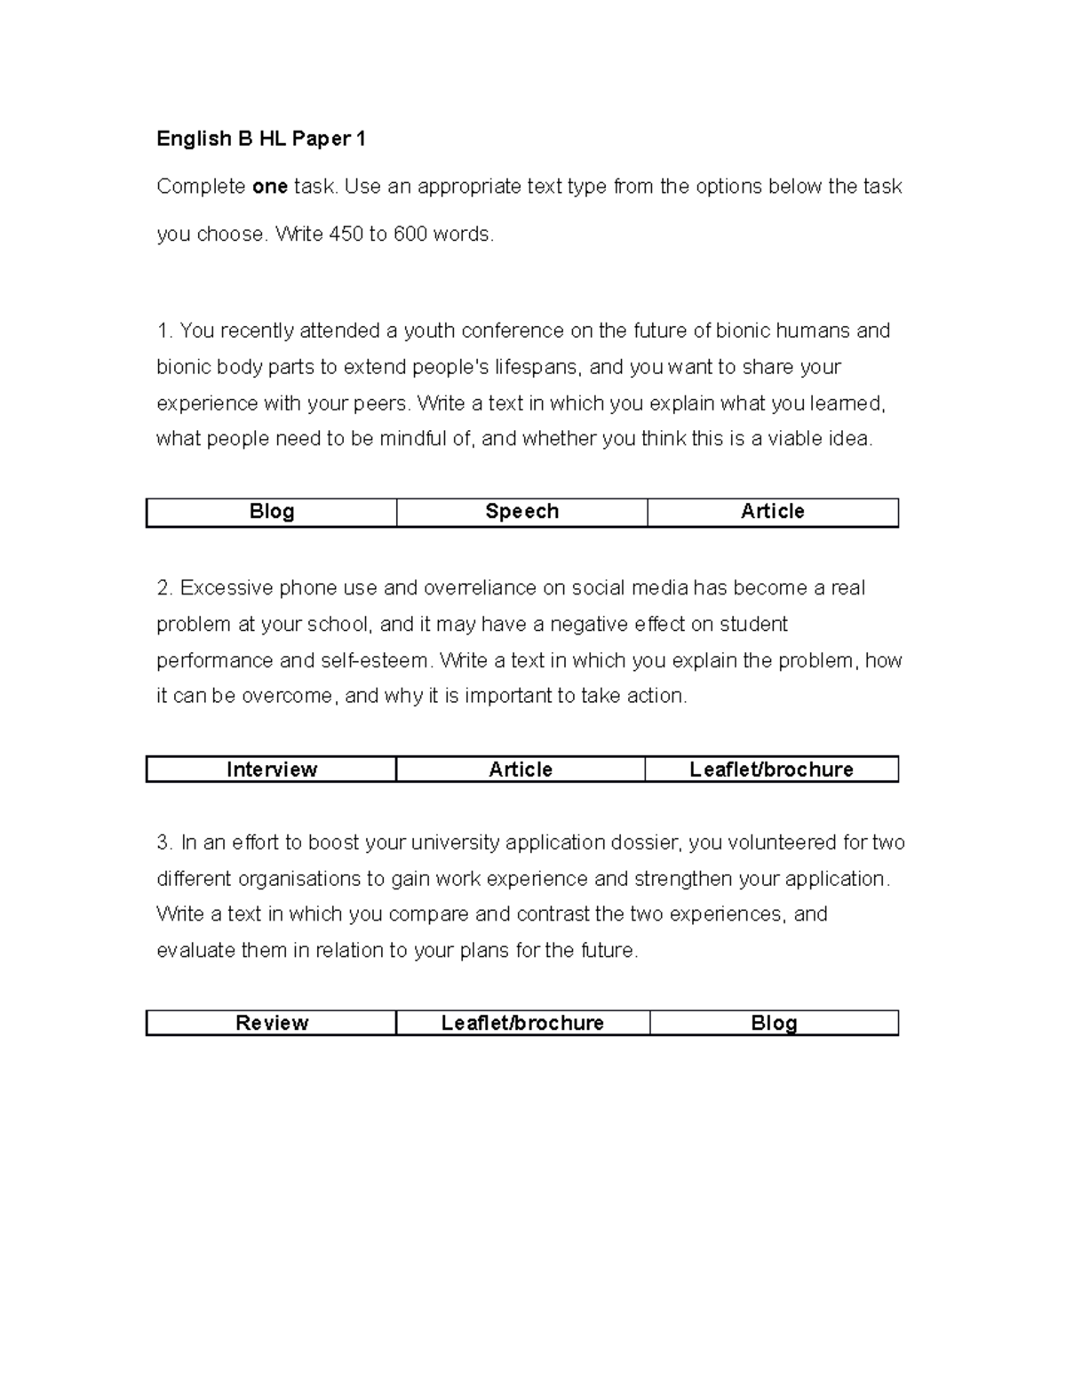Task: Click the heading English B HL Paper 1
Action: pyautogui.click(x=261, y=139)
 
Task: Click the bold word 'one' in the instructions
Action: pyautogui.click(x=270, y=187)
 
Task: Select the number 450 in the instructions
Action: pyautogui.click(x=346, y=235)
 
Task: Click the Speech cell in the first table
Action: pyautogui.click(x=521, y=512)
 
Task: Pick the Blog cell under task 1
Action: pyautogui.click(x=271, y=512)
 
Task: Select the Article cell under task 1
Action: pyautogui.click(x=772, y=512)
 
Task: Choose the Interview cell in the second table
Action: pyautogui.click(x=271, y=770)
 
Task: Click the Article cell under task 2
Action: pyautogui.click(x=521, y=770)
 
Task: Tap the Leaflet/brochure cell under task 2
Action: pyautogui.click(x=771, y=770)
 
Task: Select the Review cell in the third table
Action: pyautogui.click(x=271, y=1024)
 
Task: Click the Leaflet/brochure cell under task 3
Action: pyautogui.click(x=522, y=1024)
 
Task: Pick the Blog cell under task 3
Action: pyautogui.click(x=773, y=1024)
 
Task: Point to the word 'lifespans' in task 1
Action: pyautogui.click(x=536, y=367)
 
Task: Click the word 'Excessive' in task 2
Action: pyautogui.click(x=226, y=588)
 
